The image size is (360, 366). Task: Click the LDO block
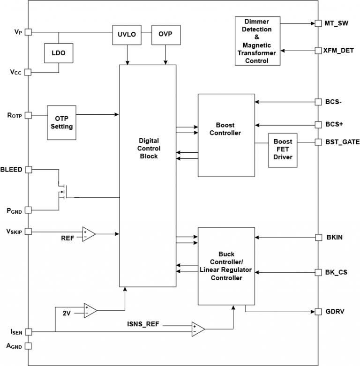(x=59, y=53)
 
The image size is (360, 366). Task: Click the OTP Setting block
(x=61, y=122)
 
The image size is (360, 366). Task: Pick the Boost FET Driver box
(x=283, y=149)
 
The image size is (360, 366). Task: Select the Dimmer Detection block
(x=257, y=41)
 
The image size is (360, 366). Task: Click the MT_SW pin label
(x=337, y=23)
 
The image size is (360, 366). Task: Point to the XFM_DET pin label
(x=339, y=50)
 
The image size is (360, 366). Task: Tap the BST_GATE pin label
(x=342, y=142)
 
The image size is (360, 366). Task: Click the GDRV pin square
(x=317, y=311)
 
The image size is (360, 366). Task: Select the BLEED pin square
(x=28, y=170)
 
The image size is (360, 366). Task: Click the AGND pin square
(x=28, y=346)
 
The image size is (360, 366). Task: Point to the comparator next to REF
(x=89, y=233)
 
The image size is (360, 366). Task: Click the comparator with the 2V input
(x=90, y=310)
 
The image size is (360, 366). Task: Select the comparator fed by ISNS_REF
(x=197, y=329)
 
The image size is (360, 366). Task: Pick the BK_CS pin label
(x=336, y=272)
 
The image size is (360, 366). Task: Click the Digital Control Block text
(x=149, y=148)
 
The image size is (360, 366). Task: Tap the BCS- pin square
(x=317, y=101)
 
